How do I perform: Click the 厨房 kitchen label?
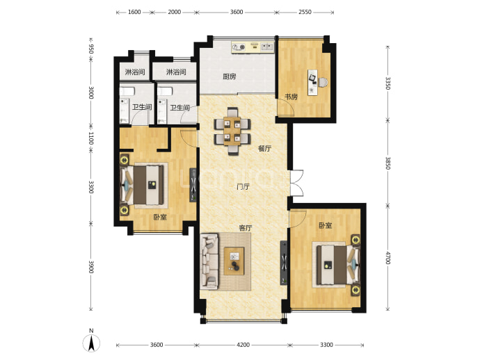[x=229, y=76]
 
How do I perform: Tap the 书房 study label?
[x=291, y=97]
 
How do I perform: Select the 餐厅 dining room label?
[x=265, y=149]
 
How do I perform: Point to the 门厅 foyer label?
[x=243, y=186]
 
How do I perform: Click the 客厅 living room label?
[x=246, y=228]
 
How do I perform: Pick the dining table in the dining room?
[x=232, y=131]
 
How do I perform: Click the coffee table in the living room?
[x=234, y=261]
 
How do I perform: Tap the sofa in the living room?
[x=209, y=261]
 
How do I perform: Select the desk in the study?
[x=312, y=83]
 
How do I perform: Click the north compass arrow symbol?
[x=91, y=343]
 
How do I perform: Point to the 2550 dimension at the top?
[x=305, y=12]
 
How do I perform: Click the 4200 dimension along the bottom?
[x=243, y=345]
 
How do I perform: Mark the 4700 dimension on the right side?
[x=388, y=258]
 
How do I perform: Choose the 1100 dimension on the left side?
[x=90, y=138]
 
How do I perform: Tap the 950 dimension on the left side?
[x=90, y=49]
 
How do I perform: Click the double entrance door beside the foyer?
[x=296, y=183]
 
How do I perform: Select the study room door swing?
[x=286, y=107]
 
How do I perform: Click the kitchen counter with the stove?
[x=253, y=47]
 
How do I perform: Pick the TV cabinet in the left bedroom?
[x=193, y=185]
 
